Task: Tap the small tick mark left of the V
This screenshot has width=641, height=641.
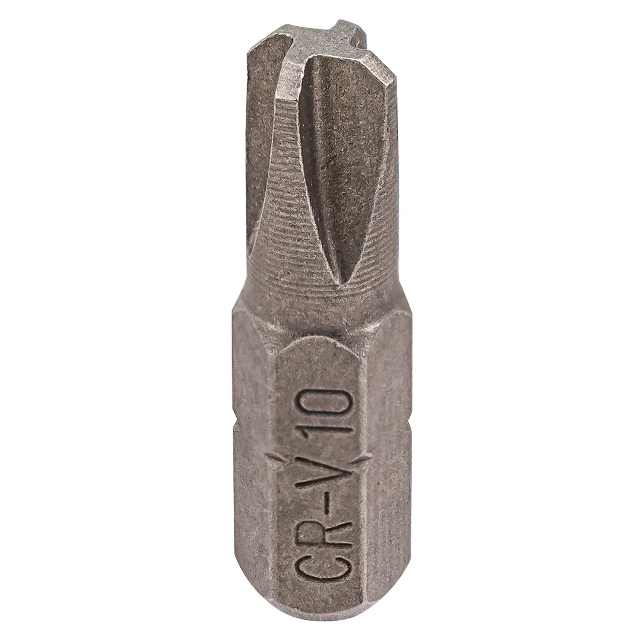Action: pos(271,461)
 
